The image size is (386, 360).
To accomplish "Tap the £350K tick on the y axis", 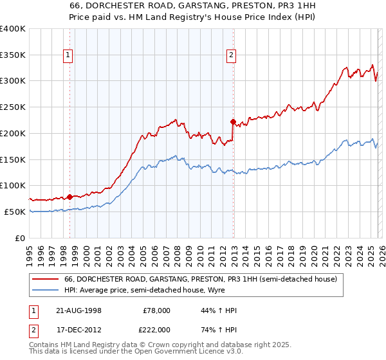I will coord(13,55).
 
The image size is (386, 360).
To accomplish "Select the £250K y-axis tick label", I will coord(13,107).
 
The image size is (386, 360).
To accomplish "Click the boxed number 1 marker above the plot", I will coord(68,56).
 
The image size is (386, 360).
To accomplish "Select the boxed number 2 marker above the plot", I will coord(231,56).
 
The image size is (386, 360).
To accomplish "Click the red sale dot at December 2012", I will coord(233,120).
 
